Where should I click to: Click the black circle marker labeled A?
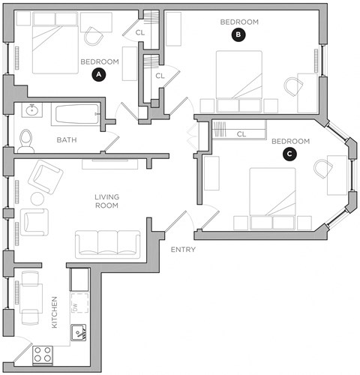[x=97, y=73]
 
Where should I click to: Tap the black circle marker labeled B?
[x=238, y=34]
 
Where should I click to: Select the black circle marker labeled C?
[x=290, y=154]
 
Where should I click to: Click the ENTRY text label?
[x=184, y=249]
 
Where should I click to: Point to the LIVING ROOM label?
[x=107, y=202]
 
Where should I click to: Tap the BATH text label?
[x=67, y=139]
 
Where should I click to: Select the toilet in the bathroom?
[x=27, y=139]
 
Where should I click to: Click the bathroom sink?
[x=31, y=111]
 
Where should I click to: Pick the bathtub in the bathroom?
[x=76, y=115]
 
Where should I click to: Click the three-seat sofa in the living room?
[x=107, y=243]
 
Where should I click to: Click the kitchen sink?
[x=78, y=333]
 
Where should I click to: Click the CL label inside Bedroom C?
[x=241, y=134]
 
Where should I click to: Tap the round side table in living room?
[x=34, y=199]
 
